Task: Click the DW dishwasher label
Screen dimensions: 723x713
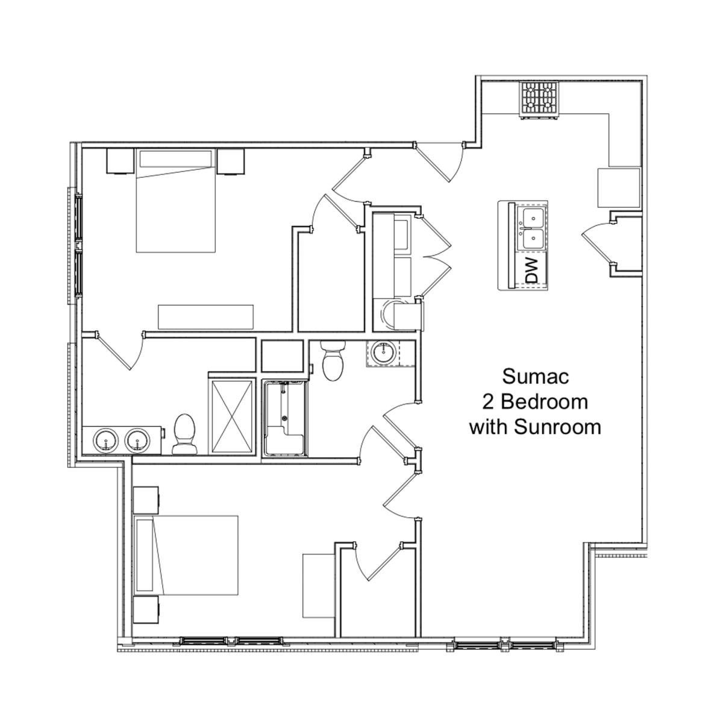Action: click(532, 271)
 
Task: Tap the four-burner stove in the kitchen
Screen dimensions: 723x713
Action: click(539, 100)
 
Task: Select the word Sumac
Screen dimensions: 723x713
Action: click(536, 377)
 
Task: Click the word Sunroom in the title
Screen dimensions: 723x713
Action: click(557, 427)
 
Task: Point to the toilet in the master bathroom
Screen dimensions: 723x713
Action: click(184, 434)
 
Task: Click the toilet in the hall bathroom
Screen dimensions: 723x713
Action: click(333, 360)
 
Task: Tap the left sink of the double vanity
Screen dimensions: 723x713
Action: click(106, 440)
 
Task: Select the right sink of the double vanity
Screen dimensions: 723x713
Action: click(138, 440)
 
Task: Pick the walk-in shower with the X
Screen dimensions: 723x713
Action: click(232, 418)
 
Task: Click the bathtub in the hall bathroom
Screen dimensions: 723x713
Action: click(285, 418)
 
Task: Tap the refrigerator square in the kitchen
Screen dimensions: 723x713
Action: click(619, 187)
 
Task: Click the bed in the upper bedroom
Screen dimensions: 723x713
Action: click(175, 201)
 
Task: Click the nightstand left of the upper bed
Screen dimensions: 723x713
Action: click(120, 161)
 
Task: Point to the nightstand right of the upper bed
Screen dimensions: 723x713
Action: click(231, 162)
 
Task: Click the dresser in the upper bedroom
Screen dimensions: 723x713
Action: click(205, 317)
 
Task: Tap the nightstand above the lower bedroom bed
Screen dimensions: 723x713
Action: click(146, 500)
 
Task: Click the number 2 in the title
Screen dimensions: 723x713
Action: click(488, 402)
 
